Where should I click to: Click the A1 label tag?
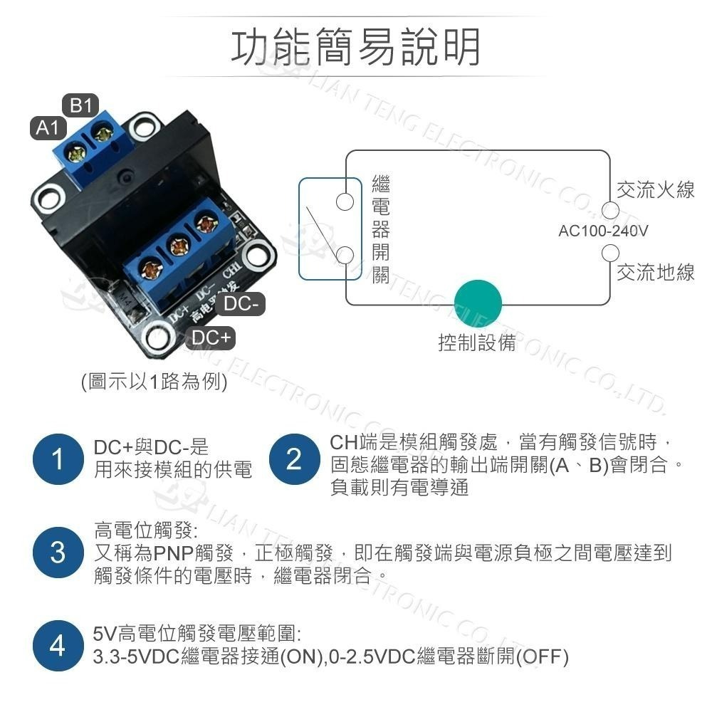click(47, 129)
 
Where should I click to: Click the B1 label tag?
click(80, 106)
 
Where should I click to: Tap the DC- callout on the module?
click(240, 305)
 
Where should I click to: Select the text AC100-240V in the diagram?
click(603, 231)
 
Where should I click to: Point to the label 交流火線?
click(655, 189)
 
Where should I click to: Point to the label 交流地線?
click(655, 272)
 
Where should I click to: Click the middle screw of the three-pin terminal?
click(177, 247)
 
